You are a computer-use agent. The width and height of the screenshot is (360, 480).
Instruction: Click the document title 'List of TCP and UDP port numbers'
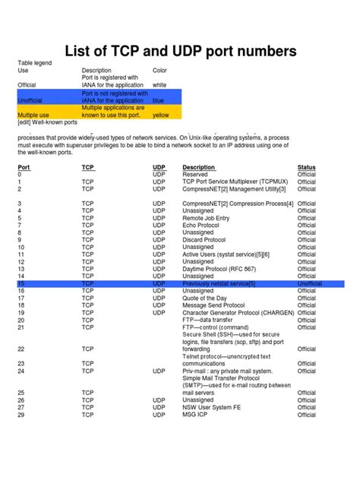(x=179, y=52)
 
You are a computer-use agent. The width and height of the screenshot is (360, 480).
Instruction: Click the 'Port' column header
(x=24, y=166)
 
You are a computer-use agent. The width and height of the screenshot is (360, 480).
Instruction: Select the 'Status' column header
(x=307, y=166)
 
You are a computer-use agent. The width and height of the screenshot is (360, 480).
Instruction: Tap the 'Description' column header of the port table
(x=199, y=166)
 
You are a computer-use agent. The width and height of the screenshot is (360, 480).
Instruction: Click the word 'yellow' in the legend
(x=160, y=115)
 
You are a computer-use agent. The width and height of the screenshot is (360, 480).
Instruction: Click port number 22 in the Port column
(x=21, y=349)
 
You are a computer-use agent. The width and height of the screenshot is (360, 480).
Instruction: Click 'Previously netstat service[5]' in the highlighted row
(x=219, y=283)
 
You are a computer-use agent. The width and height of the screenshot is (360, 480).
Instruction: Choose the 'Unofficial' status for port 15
(x=309, y=283)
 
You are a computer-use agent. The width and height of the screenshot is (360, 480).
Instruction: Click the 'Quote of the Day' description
(x=206, y=298)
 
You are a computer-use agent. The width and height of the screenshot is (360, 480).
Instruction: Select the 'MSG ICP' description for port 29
(x=196, y=415)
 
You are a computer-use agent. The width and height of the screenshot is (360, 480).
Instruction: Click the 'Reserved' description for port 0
(x=195, y=174)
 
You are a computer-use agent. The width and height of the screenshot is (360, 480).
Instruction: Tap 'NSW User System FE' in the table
(x=212, y=407)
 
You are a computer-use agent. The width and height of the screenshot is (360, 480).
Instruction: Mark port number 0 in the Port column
(x=19, y=174)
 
